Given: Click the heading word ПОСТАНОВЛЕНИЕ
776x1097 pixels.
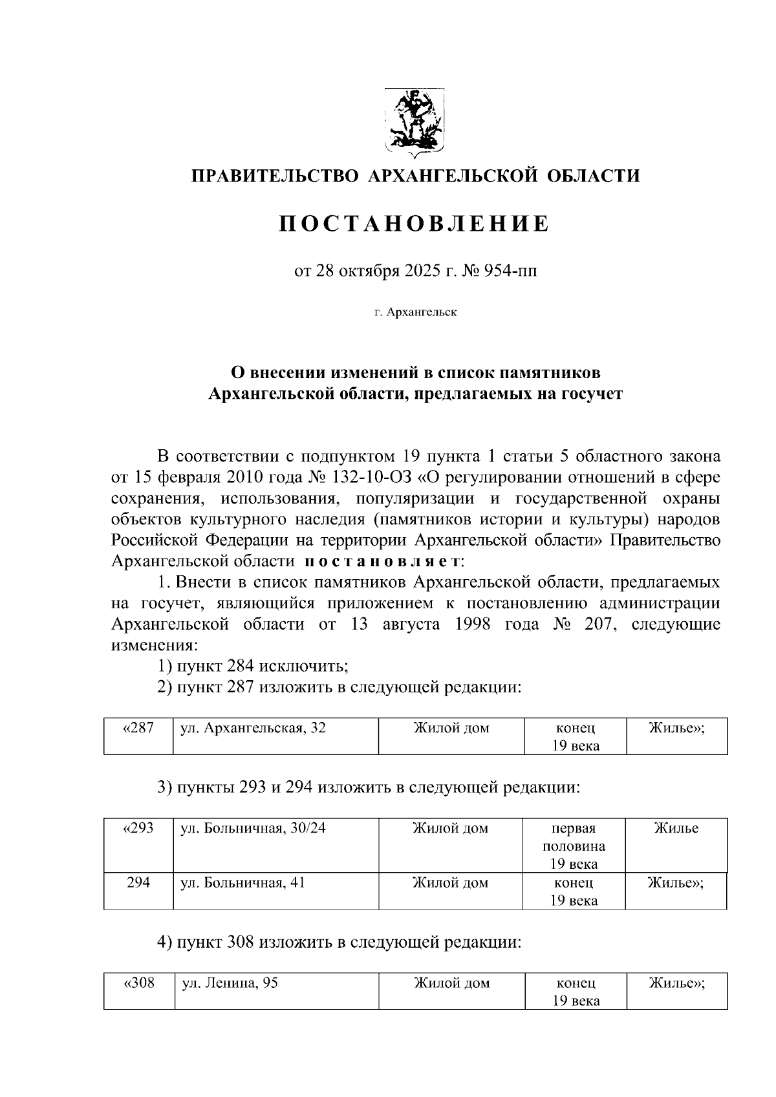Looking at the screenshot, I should click(415, 224).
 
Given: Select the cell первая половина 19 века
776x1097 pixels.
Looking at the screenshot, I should click(574, 846).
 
